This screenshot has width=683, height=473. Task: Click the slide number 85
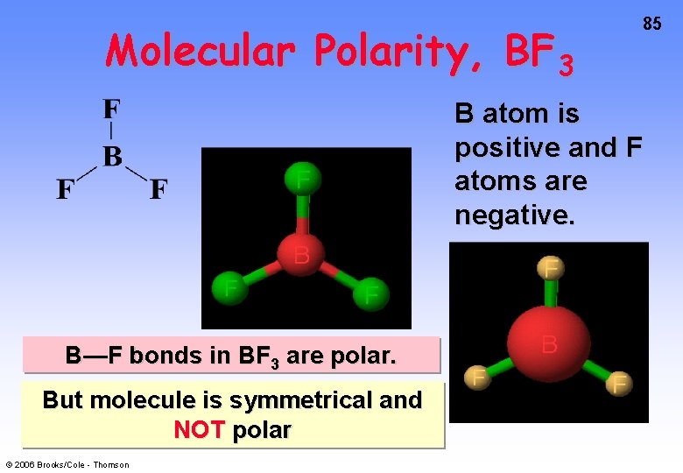click(x=652, y=25)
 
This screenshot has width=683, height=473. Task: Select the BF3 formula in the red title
click(x=540, y=56)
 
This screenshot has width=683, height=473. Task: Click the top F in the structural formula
click(x=112, y=109)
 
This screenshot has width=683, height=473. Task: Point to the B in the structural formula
click(x=112, y=158)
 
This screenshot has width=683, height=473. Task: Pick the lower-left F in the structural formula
click(x=65, y=189)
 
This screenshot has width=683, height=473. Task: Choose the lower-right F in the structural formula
click(x=158, y=189)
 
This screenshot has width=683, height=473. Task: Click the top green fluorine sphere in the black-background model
click(x=303, y=180)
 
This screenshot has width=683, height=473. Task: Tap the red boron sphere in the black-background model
click(x=301, y=254)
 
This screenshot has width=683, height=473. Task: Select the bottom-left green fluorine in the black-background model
click(x=230, y=286)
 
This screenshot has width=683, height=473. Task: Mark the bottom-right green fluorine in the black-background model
click(x=371, y=293)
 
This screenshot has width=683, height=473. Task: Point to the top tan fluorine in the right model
click(x=551, y=268)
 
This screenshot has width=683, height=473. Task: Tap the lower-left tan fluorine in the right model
click(x=477, y=378)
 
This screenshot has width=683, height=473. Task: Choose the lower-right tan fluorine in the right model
click(x=619, y=383)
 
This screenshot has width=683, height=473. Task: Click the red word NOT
click(x=201, y=430)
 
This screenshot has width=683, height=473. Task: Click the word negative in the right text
click(x=514, y=215)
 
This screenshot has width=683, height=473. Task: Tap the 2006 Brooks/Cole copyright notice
click(x=67, y=464)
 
